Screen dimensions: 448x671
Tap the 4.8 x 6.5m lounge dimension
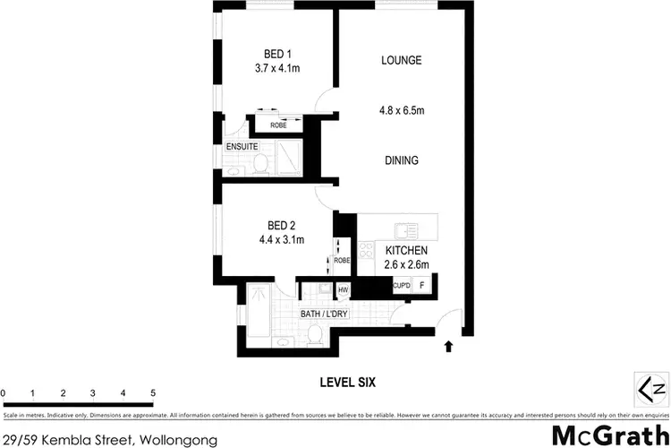tap(401, 111)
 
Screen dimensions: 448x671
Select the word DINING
tap(401, 160)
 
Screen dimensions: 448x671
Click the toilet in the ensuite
tap(260, 163)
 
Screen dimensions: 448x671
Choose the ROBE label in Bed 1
tap(278, 125)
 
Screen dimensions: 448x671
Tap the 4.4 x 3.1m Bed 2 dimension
tap(282, 239)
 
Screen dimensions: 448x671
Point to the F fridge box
tap(422, 285)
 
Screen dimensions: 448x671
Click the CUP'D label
tap(402, 286)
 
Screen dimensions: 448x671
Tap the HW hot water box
tap(342, 290)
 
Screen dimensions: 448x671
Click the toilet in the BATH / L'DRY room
tap(314, 334)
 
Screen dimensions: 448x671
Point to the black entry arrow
tap(448, 344)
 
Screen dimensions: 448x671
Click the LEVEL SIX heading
tap(348, 382)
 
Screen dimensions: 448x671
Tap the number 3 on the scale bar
tap(93, 393)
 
